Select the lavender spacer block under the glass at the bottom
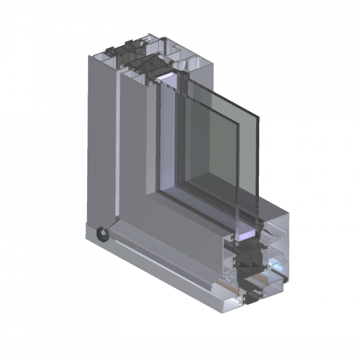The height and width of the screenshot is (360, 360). (247, 233)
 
